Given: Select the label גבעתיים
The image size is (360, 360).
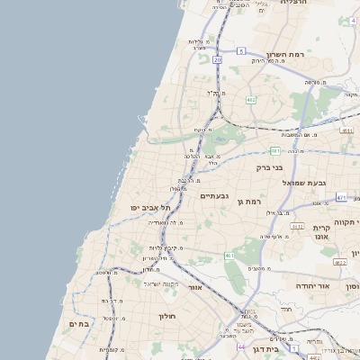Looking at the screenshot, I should coord(213,195).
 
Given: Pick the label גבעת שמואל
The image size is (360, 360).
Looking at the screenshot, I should coord(300,183).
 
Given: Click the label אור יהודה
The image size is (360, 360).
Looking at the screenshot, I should coord(314,285).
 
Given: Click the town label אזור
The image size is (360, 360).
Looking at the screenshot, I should coord(193,289).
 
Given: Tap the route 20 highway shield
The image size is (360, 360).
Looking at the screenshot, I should coord(218,59).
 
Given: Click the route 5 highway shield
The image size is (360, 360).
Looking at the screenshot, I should coord(241,51).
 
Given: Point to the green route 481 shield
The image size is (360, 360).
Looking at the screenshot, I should coord(274,150).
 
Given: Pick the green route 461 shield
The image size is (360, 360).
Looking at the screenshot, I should coord(229,256).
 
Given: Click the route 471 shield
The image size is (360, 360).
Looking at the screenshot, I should coord(341,197).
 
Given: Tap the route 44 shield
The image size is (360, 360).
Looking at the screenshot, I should coord(240,346).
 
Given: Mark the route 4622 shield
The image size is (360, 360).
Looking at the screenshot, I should coord(339,262).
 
